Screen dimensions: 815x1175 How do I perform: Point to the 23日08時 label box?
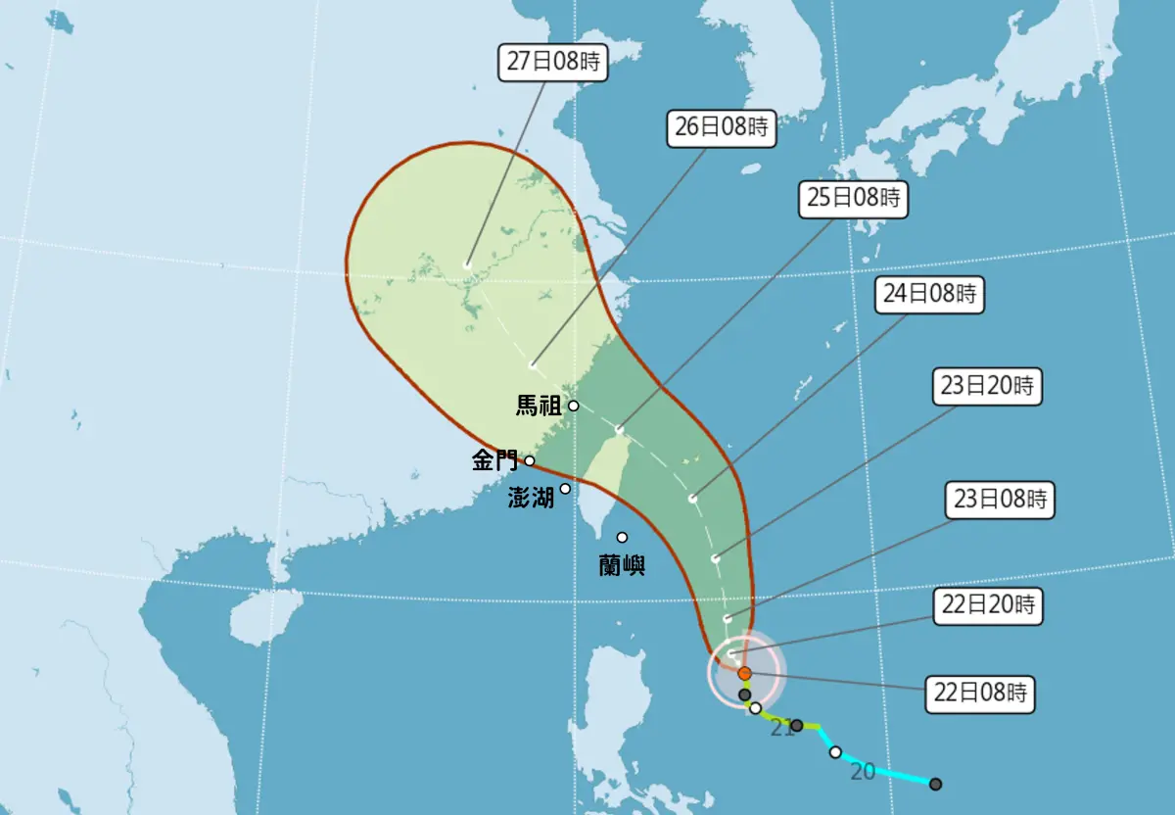[1001, 500]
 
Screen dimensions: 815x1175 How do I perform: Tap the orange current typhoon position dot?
[744, 673]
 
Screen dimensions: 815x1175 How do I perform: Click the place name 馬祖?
[539, 406]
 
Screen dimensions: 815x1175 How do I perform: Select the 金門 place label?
[495, 460]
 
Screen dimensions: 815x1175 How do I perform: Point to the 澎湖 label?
[531, 498]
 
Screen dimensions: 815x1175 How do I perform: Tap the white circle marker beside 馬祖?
[574, 406]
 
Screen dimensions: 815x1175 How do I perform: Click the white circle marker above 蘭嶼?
[622, 537]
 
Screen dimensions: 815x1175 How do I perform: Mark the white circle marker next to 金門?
[530, 460]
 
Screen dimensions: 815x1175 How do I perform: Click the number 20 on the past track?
[862, 771]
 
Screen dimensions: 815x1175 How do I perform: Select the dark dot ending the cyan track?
[935, 784]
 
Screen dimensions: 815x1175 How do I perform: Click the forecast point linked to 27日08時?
[468, 264]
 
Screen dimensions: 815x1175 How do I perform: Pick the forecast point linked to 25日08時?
[620, 430]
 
